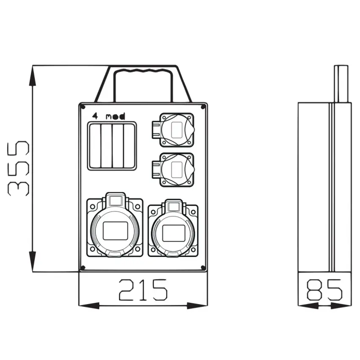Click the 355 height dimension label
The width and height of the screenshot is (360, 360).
(x=18, y=168)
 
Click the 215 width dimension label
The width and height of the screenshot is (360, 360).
(x=143, y=290)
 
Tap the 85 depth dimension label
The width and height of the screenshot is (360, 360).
(x=325, y=290)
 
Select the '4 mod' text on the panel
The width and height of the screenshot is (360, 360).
(x=108, y=116)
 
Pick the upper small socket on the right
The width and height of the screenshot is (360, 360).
(x=173, y=130)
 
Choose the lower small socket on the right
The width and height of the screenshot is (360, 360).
(x=173, y=170)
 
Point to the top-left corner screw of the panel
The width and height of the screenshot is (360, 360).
(x=83, y=107)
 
